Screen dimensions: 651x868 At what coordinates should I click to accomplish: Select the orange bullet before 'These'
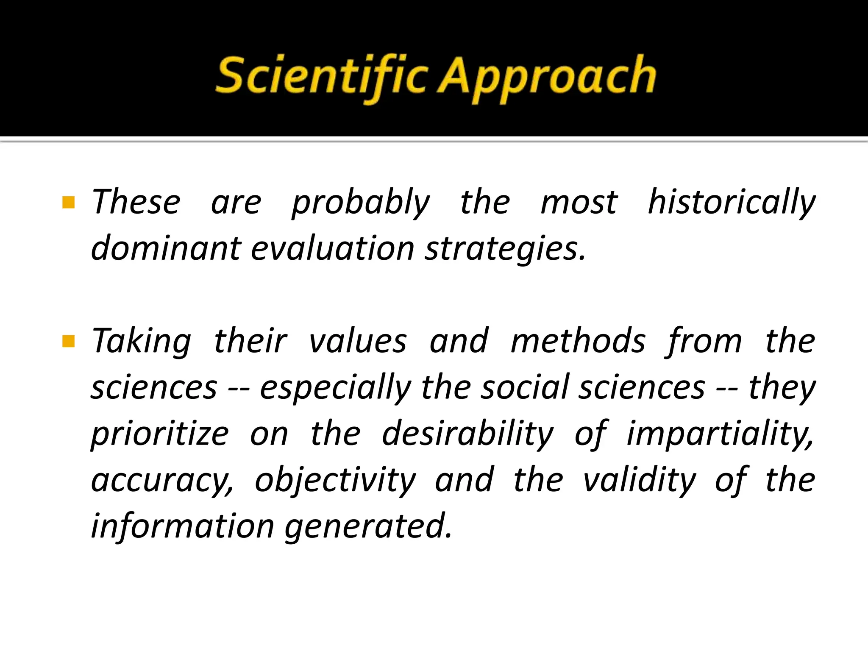[68, 203]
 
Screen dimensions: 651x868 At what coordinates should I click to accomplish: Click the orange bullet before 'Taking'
[68, 341]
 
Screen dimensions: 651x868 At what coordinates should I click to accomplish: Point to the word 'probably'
[361, 203]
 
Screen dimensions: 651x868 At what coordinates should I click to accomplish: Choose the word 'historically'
[732, 203]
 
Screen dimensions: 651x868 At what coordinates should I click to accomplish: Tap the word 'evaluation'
[333, 248]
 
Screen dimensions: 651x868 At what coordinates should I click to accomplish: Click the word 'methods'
[578, 341]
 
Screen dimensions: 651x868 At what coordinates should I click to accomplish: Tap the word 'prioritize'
[160, 434]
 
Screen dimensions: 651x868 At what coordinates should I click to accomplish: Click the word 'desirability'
[468, 434]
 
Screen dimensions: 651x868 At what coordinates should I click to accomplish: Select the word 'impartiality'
[721, 434]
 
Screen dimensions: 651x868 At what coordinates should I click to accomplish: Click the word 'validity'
[640, 480]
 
